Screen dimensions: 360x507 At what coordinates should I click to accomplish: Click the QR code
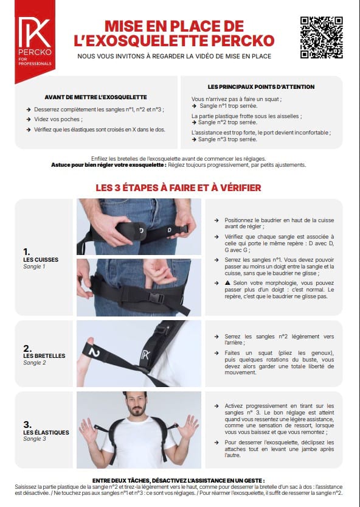pyautogui.click(x=321, y=38)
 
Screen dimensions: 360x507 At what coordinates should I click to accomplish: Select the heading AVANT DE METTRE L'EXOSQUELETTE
pyautogui.click(x=95, y=97)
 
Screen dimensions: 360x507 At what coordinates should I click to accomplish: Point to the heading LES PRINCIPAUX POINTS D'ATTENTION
pyautogui.click(x=261, y=86)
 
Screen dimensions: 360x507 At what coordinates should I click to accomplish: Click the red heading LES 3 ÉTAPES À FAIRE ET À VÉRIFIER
pyautogui.click(x=178, y=187)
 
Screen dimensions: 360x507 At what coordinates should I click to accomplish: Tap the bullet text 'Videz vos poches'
pyautogui.click(x=58, y=119)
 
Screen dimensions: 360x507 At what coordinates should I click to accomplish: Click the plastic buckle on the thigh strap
pyautogui.click(x=156, y=298)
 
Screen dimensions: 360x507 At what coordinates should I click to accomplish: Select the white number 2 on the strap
pyautogui.click(x=94, y=352)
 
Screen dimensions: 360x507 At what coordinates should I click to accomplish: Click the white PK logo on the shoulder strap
pyautogui.click(x=145, y=355)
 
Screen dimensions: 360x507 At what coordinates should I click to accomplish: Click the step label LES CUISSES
pyautogui.click(x=41, y=260)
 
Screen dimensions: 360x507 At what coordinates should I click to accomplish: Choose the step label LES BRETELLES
pyautogui.click(x=44, y=355)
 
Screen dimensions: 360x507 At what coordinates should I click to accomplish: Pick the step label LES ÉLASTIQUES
pyautogui.click(x=46, y=432)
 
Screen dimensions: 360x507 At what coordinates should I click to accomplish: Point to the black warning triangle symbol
pyautogui.click(x=227, y=283)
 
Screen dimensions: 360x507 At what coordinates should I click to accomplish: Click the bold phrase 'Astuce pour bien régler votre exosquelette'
pyautogui.click(x=109, y=165)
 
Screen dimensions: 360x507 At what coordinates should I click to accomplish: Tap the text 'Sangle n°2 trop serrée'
pyautogui.click(x=228, y=122)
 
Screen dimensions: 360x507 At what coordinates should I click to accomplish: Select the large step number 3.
pyautogui.click(x=27, y=424)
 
